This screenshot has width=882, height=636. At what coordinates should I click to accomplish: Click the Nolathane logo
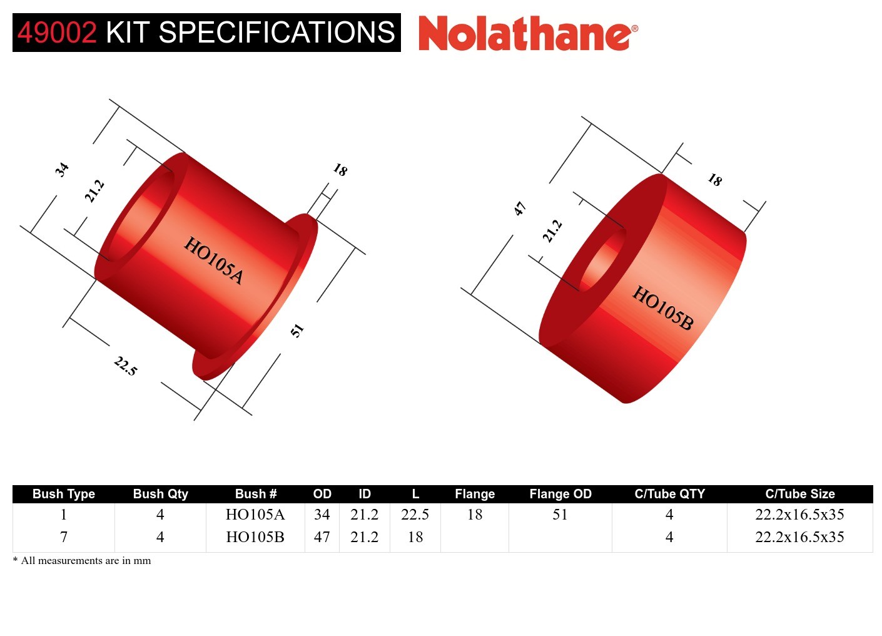[527, 33]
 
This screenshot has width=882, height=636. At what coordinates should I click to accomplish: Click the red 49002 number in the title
[57, 33]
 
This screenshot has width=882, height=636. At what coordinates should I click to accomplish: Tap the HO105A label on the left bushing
[213, 260]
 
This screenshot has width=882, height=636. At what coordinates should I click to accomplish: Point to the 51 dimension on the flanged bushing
[297, 330]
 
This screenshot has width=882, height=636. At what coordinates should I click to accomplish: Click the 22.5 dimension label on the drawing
[126, 366]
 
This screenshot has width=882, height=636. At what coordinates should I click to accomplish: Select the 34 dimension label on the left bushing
[61, 170]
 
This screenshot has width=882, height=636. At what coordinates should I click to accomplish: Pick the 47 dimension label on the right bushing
[520, 209]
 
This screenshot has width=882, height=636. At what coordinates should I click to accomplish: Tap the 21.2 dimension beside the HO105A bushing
[94, 191]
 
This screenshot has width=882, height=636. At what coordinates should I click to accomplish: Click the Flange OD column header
[560, 494]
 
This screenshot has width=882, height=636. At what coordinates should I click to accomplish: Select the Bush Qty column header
[160, 494]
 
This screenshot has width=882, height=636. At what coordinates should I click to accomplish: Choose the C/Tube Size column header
[799, 494]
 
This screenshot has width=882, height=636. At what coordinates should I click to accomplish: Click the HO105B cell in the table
[255, 537]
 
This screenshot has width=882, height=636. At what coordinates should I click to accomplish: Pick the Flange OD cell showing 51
[560, 515]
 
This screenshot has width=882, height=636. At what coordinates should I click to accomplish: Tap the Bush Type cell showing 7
[63, 537]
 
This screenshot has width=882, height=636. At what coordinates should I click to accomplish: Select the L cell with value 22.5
[415, 515]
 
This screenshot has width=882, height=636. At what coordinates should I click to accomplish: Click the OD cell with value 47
[322, 537]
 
